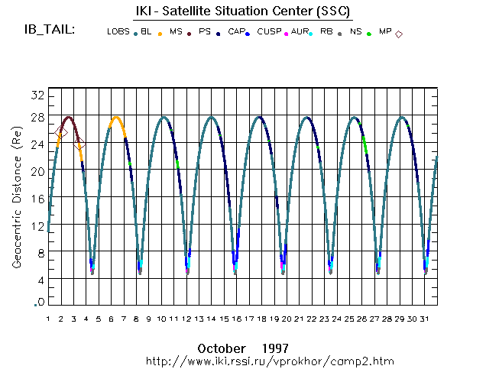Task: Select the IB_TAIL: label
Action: coord(50,30)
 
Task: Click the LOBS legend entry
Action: coord(118,32)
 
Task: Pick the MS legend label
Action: coord(176,32)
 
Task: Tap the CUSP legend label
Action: coord(268,32)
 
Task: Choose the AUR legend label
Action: coord(300,32)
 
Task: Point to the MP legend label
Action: coord(385,32)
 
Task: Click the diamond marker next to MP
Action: coord(399,34)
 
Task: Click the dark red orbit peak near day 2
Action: coord(69,117)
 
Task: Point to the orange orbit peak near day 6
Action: coord(116,117)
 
